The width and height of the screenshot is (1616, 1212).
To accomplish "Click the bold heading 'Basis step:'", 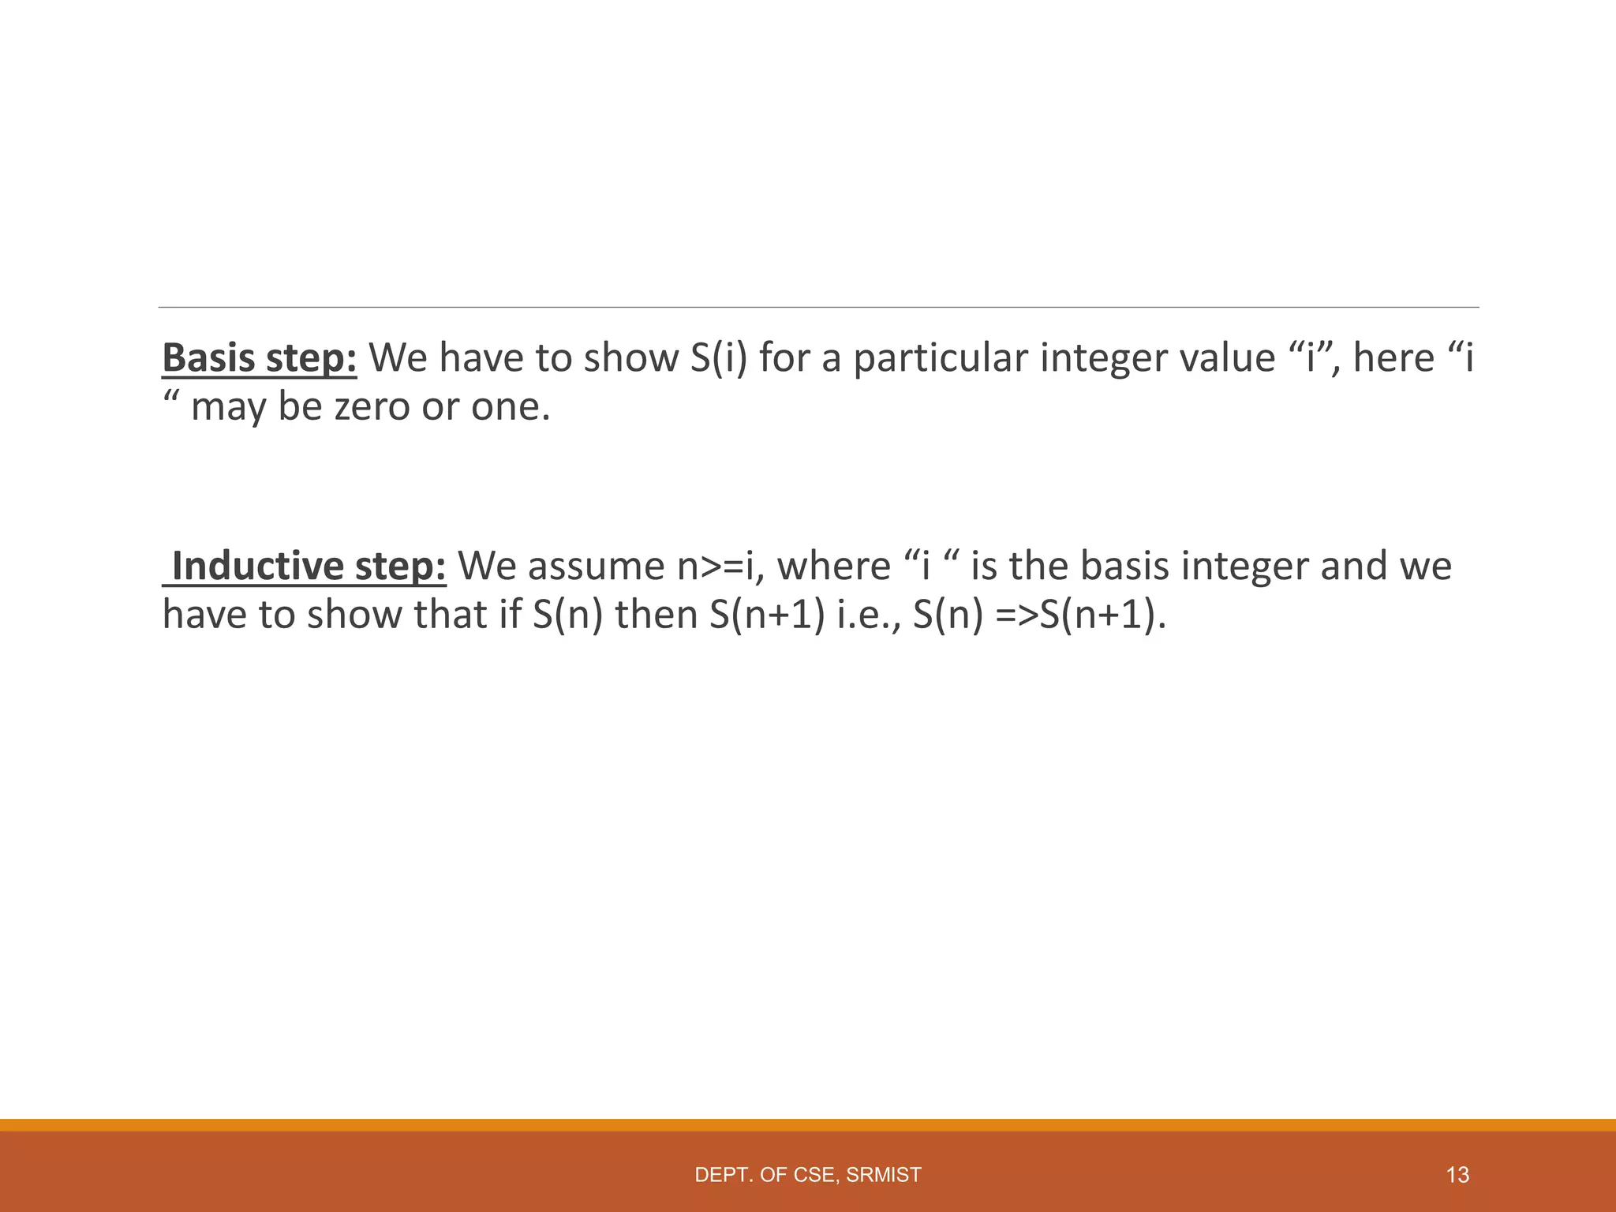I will pyautogui.click(x=260, y=358).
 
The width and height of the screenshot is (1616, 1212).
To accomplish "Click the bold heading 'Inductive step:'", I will pyautogui.click(x=309, y=567).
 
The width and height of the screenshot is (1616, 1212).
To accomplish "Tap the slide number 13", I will pyautogui.click(x=1457, y=1175).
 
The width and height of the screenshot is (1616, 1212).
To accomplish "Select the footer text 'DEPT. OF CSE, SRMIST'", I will pyautogui.click(x=807, y=1175).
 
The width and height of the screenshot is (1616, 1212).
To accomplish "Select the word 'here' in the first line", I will pyautogui.click(x=1393, y=358).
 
